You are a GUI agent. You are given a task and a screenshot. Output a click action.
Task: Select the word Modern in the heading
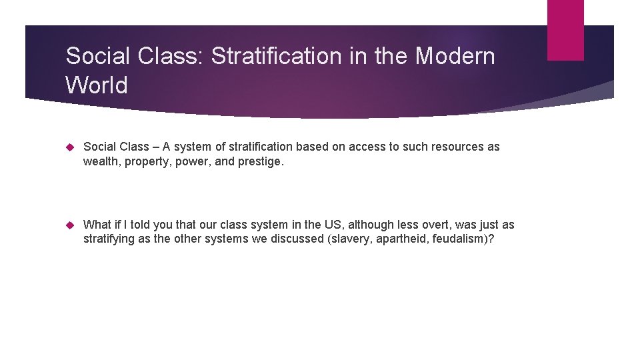click(455, 56)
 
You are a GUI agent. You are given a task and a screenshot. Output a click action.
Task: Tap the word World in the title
click(97, 85)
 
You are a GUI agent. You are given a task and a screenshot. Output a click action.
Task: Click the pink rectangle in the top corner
click(565, 30)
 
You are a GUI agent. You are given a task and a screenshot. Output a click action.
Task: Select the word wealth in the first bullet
click(99, 161)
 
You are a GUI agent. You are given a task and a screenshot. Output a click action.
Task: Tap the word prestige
click(261, 161)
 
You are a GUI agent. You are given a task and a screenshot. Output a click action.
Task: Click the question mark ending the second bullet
click(491, 239)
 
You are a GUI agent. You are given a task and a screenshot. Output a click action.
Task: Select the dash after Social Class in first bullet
click(156, 147)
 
